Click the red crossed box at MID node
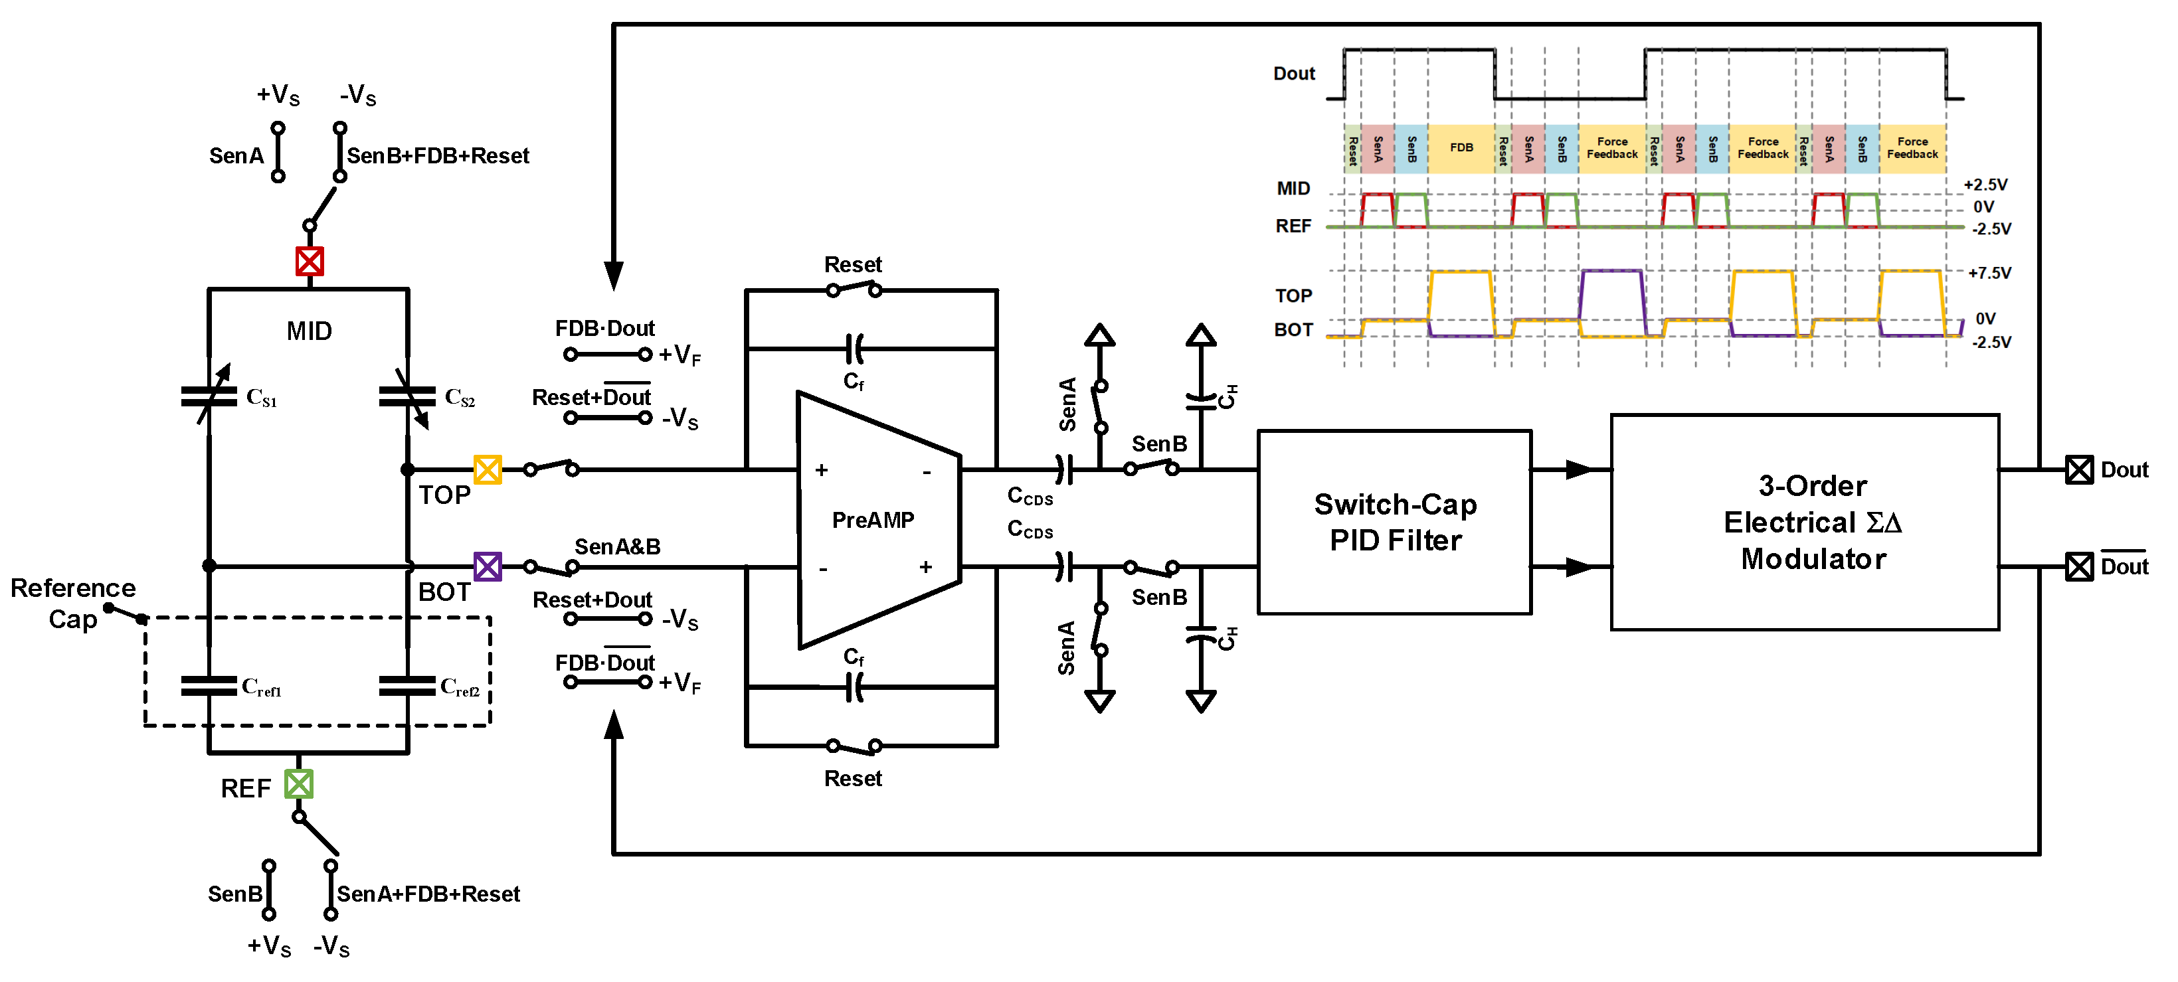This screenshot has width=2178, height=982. click(x=310, y=261)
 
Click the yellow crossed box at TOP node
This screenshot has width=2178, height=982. click(x=488, y=469)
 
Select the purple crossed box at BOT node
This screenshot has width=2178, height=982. click(x=488, y=566)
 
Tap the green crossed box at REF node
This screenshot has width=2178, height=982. click(x=298, y=784)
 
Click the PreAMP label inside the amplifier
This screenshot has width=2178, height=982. click(x=873, y=520)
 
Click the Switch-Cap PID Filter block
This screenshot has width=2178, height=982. click(x=1394, y=523)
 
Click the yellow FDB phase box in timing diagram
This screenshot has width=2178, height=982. click(x=1461, y=148)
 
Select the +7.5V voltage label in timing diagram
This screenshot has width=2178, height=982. click(x=1989, y=273)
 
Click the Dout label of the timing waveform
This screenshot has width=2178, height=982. click(x=1294, y=74)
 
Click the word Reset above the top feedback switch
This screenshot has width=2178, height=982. click(x=852, y=264)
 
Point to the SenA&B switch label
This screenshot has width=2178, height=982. click(x=617, y=547)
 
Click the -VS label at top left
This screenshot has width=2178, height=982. click(x=357, y=95)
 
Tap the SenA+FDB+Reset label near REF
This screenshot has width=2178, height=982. click(x=428, y=894)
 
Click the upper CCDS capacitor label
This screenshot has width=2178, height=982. click(x=1030, y=496)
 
